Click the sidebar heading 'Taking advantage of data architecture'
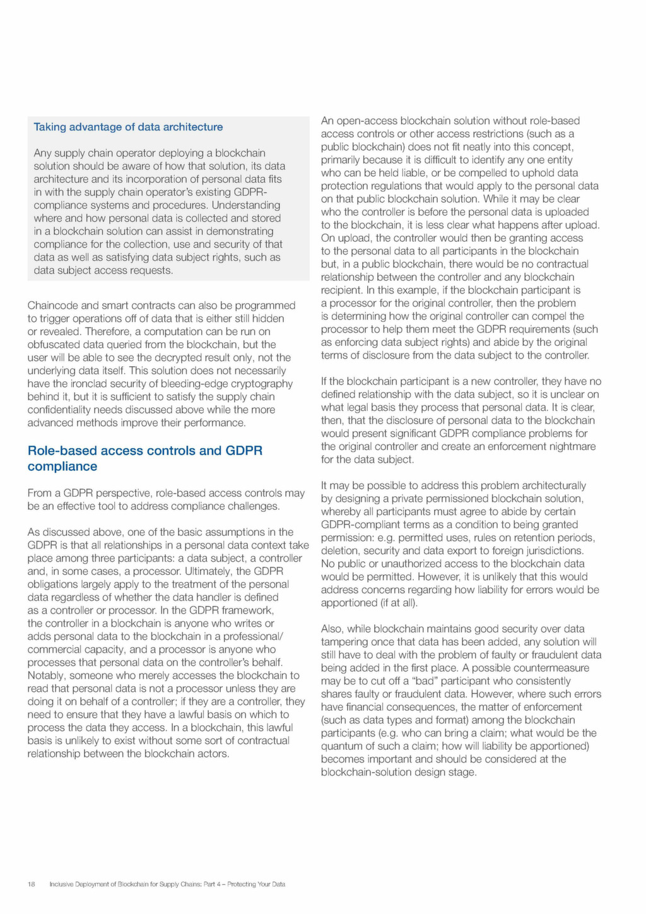click(128, 127)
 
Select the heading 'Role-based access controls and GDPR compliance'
click(144, 458)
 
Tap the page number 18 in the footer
click(31, 884)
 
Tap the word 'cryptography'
click(262, 384)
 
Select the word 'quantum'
click(341, 746)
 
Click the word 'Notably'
click(45, 675)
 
